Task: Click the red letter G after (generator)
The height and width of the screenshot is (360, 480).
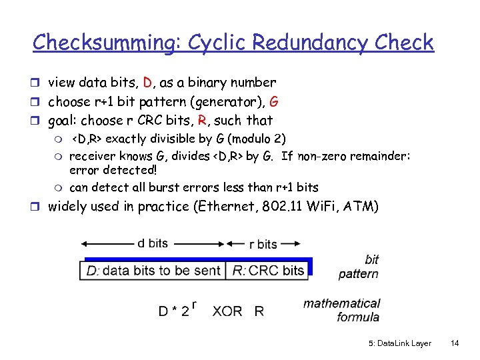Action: [x=273, y=102]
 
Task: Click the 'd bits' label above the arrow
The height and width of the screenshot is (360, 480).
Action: [x=153, y=243]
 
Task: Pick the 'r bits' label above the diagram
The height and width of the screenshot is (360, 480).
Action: [x=263, y=244]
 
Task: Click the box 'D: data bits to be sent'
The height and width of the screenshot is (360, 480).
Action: [x=154, y=270]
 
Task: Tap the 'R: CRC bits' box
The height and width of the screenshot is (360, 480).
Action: [x=268, y=270]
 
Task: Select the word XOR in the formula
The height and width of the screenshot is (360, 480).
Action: [x=227, y=311]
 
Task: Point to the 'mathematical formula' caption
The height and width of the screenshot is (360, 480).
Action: [x=341, y=310]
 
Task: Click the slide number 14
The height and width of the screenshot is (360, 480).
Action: [x=455, y=343]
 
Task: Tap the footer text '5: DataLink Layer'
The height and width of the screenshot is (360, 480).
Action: [x=399, y=343]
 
